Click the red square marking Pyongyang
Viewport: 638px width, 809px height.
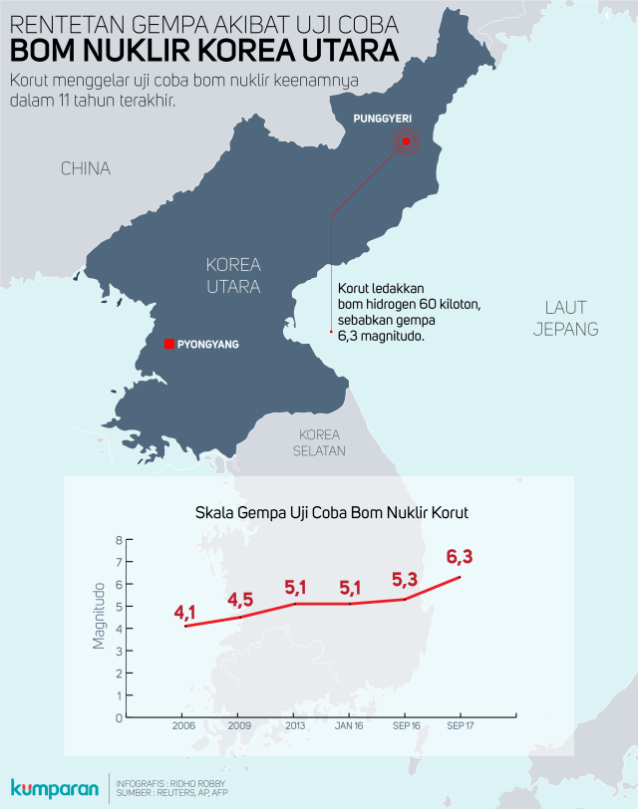(169, 344)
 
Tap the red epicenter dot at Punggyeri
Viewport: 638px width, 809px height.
(407, 142)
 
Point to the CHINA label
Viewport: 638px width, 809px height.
(85, 168)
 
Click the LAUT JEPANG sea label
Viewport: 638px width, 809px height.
(565, 318)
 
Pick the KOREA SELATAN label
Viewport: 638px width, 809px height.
(320, 442)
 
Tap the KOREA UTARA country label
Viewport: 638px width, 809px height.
(233, 276)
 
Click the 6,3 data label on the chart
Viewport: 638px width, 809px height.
(460, 556)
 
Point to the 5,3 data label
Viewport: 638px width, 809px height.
(405, 579)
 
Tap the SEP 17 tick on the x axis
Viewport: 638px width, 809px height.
(460, 725)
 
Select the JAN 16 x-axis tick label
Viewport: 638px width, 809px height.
(350, 725)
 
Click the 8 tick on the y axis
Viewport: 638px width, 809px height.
(119, 540)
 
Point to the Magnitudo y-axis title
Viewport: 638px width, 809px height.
(99, 616)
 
